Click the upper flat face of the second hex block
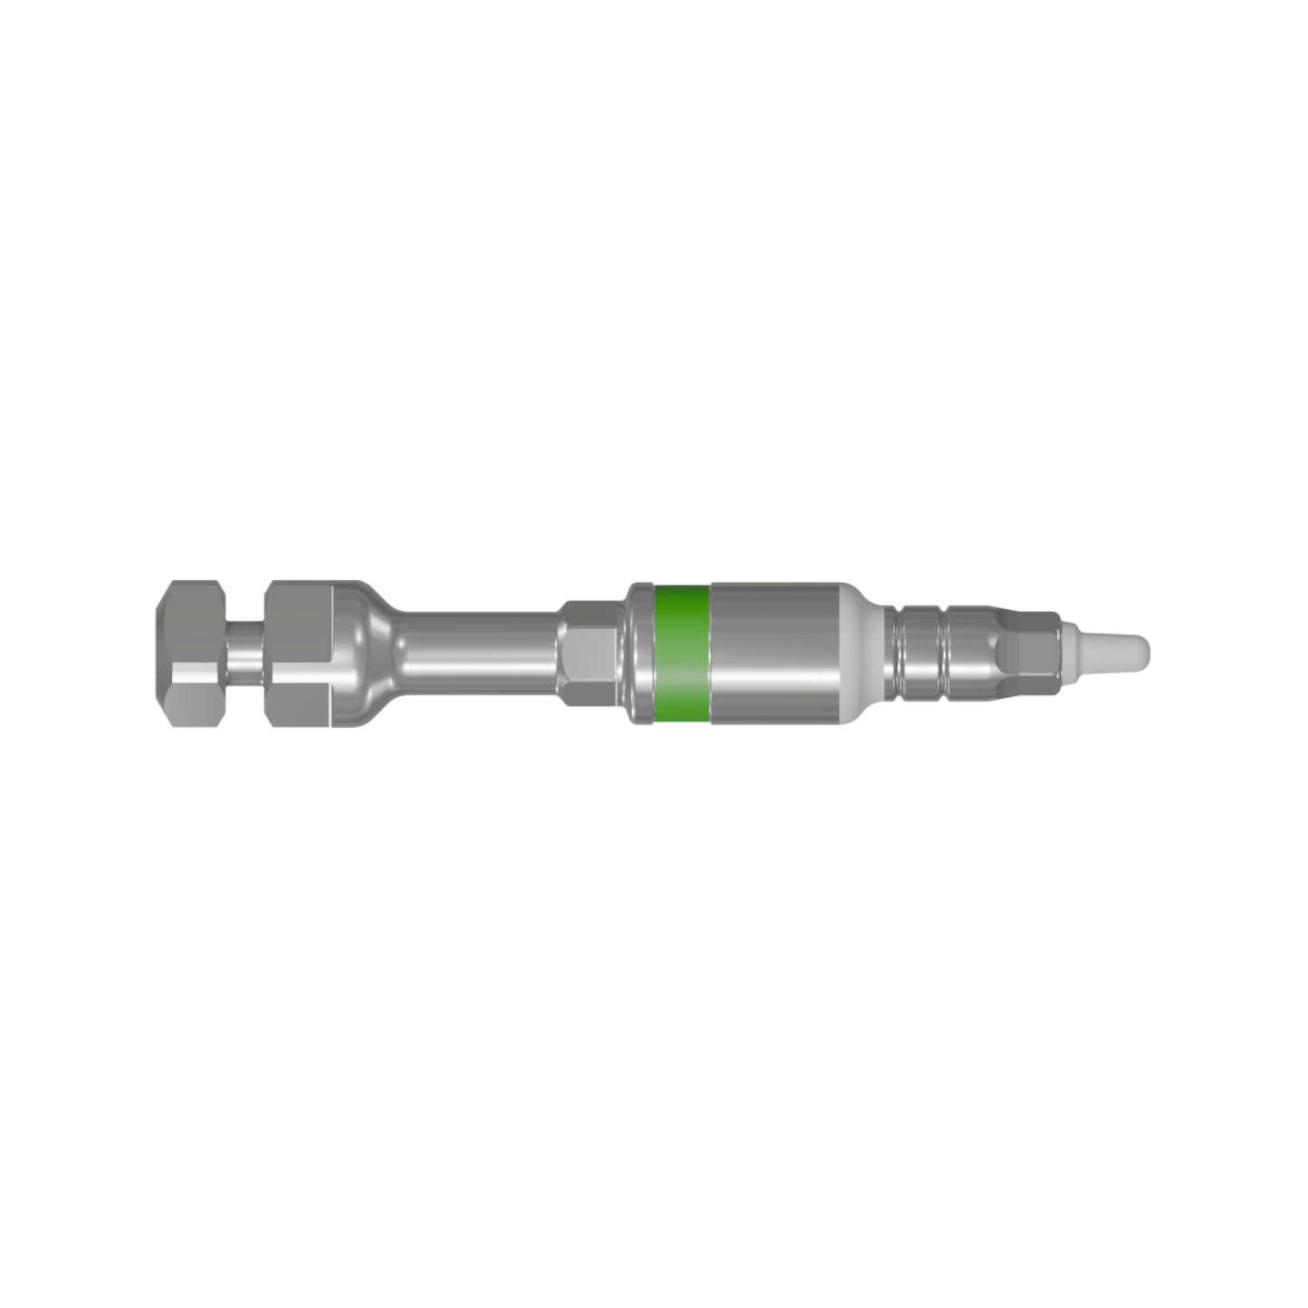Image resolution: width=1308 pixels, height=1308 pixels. (x=302, y=603)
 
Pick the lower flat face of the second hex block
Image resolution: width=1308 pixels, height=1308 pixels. (x=302, y=692)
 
